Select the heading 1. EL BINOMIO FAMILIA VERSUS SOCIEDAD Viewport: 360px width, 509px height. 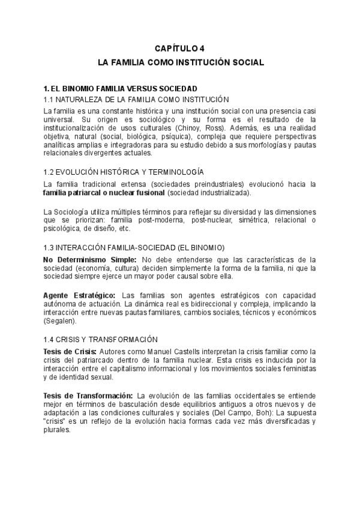point(120,88)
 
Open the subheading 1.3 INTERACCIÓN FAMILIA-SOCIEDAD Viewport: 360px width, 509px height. point(134,247)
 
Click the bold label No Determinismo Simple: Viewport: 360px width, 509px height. point(90,259)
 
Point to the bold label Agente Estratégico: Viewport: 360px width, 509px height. point(80,295)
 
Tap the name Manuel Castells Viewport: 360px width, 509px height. point(160,351)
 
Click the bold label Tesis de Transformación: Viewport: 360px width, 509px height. point(88,396)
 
